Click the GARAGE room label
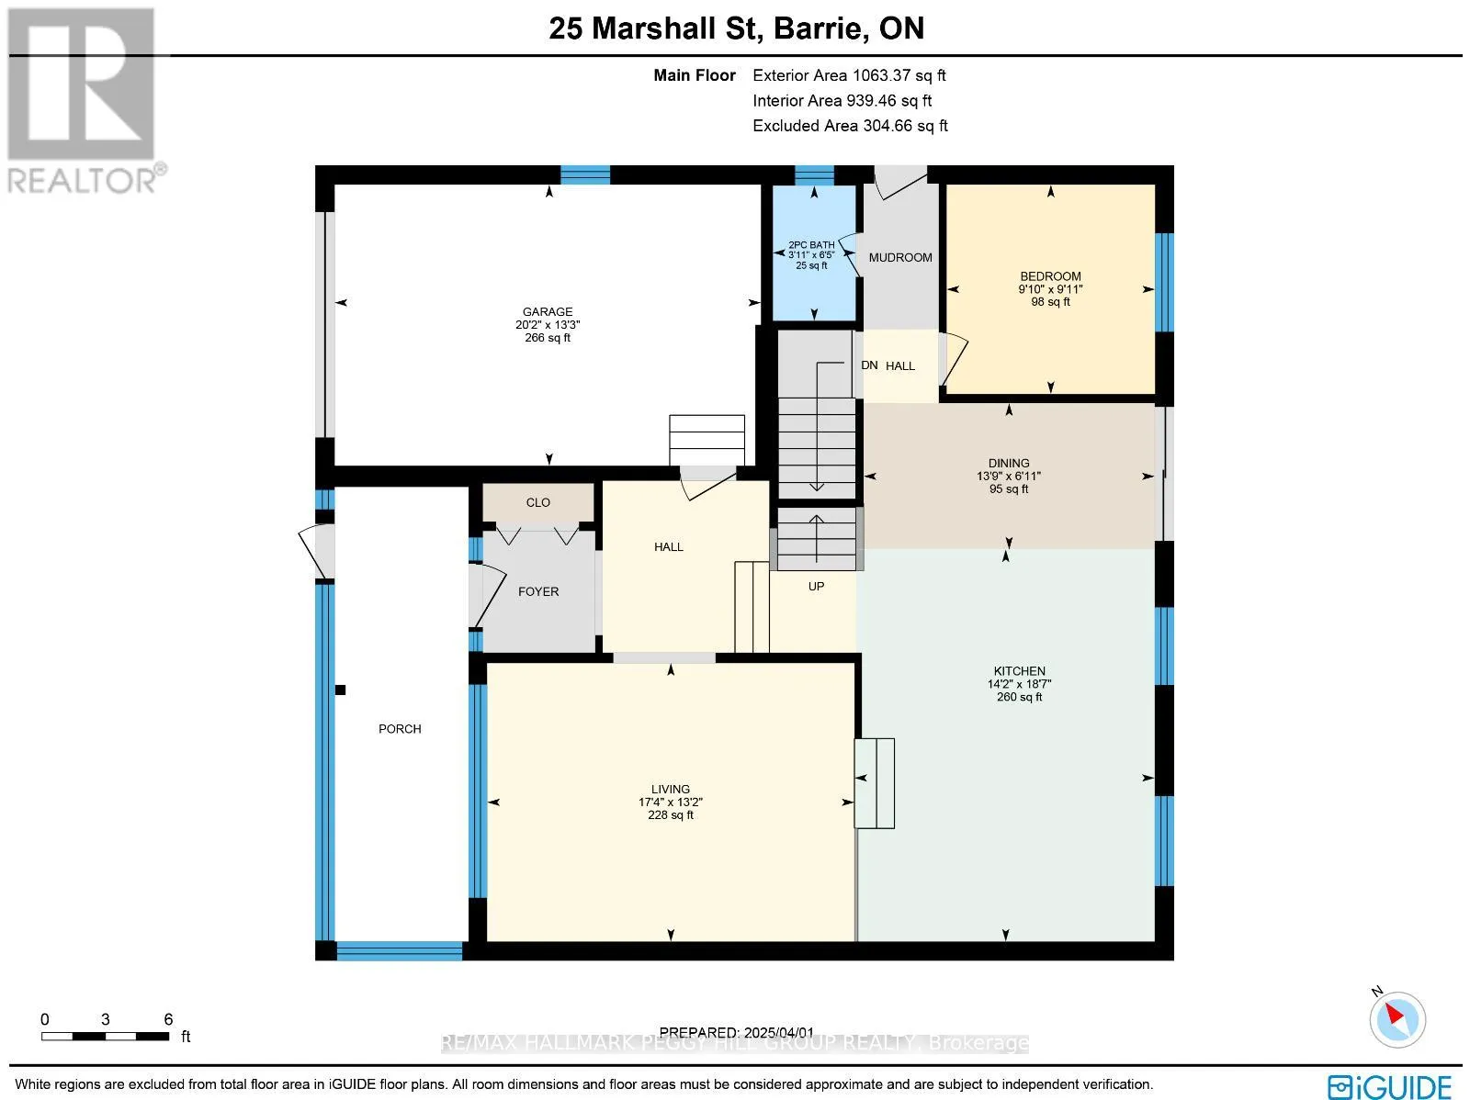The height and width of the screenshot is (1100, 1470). tap(548, 312)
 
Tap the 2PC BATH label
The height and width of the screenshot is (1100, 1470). tap(811, 245)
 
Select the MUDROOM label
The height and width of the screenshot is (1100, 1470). tap(900, 258)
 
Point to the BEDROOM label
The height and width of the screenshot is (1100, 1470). tap(1050, 276)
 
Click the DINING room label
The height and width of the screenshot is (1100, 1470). tap(1009, 463)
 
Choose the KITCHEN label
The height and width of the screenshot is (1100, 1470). tap(1019, 671)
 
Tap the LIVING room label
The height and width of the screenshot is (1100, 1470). tap(671, 790)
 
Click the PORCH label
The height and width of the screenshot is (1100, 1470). tap(400, 729)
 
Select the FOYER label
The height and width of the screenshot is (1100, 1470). tap(538, 591)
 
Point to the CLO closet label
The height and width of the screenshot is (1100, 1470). tap(537, 502)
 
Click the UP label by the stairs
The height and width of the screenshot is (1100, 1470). tap(816, 586)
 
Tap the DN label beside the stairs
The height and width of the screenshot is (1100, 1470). tap(869, 365)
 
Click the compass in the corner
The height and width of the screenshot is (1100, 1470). tap(1397, 1019)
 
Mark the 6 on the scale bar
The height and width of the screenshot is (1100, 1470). tap(169, 1019)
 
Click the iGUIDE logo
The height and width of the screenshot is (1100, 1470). tap(1389, 1086)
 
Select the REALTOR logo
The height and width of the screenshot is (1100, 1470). tap(85, 100)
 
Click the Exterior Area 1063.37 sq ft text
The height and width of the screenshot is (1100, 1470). tap(849, 75)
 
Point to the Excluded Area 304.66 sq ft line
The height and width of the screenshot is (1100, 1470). tap(850, 126)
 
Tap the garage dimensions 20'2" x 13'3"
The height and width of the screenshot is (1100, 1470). tap(548, 324)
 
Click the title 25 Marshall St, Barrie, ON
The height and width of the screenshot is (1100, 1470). tap(737, 28)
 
